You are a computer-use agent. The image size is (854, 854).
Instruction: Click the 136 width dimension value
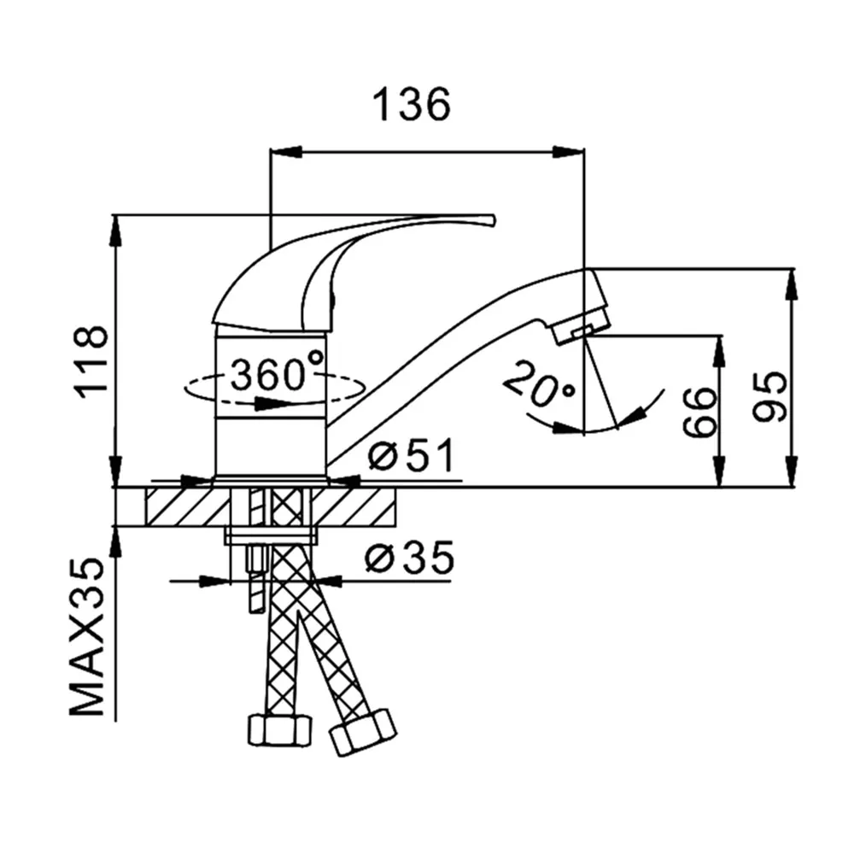pyautogui.click(x=412, y=104)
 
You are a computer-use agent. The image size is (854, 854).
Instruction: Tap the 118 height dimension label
pyautogui.click(x=91, y=363)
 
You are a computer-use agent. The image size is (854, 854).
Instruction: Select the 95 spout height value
pyautogui.click(x=769, y=396)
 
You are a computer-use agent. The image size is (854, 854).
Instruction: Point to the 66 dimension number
pyautogui.click(x=700, y=412)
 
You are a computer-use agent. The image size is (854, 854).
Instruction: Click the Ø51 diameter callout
pyautogui.click(x=412, y=455)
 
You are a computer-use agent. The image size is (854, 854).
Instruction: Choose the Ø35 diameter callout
pyautogui.click(x=410, y=557)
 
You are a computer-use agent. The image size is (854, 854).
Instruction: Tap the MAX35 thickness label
pyautogui.click(x=87, y=637)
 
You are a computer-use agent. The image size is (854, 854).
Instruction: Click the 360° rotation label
pyautogui.click(x=277, y=374)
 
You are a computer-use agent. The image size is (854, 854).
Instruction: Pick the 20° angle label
pyautogui.click(x=537, y=386)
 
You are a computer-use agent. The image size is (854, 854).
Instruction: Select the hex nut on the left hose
pyautogui.click(x=280, y=730)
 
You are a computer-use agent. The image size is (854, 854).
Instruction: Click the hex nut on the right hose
pyautogui.click(x=363, y=733)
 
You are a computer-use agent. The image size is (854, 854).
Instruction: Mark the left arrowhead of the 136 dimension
pyautogui.click(x=285, y=153)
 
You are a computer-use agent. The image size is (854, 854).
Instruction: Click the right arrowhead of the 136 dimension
pyautogui.click(x=569, y=153)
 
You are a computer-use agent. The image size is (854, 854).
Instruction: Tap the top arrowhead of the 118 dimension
pyautogui.click(x=115, y=231)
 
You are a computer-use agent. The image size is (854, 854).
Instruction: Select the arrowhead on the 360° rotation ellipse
pyautogui.click(x=271, y=404)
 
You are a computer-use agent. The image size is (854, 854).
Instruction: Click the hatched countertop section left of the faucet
pyautogui.click(x=188, y=507)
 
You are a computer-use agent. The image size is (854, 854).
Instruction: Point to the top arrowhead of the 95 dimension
pyautogui.click(x=792, y=284)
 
